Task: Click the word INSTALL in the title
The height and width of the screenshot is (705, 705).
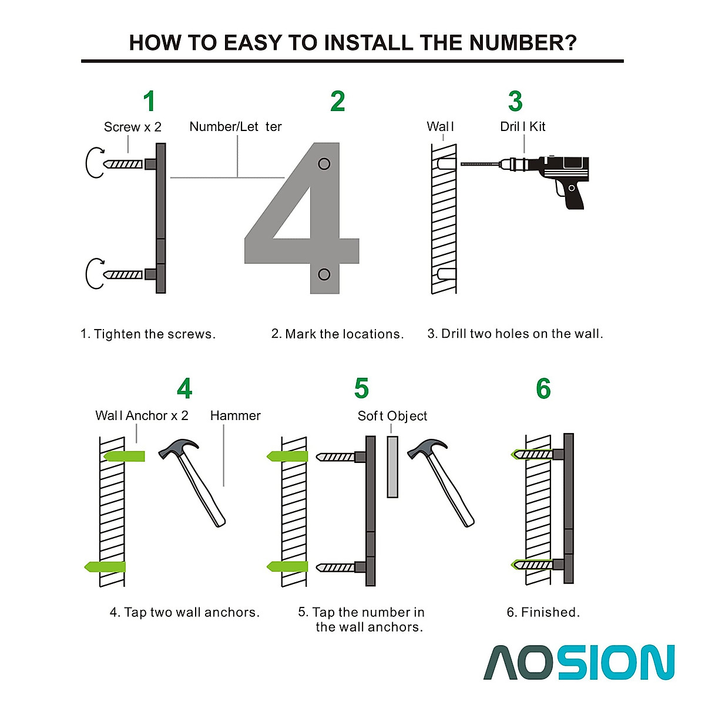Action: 369,43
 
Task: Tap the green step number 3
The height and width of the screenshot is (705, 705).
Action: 515,101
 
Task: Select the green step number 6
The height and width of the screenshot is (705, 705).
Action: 543,388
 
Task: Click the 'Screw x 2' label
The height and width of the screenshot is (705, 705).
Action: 132,127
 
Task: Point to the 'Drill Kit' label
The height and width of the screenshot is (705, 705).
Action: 522,126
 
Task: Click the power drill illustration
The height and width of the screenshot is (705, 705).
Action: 525,182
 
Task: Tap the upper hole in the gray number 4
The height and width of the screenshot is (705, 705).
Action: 324,164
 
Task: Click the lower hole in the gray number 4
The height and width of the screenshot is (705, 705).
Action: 324,274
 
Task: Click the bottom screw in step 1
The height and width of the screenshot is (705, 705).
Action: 123,274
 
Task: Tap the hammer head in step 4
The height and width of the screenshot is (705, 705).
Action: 178,448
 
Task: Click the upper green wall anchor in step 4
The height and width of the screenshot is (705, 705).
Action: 124,456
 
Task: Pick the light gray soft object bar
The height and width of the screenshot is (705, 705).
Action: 392,467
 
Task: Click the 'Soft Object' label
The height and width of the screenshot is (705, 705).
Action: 392,416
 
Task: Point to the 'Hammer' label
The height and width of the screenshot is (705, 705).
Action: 235,415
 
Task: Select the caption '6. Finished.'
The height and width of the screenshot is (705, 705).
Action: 543,612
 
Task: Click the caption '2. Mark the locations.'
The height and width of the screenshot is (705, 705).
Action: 337,334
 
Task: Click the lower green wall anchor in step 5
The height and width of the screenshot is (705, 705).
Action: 287,568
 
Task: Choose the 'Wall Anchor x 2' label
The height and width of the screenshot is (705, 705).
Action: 142,415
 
